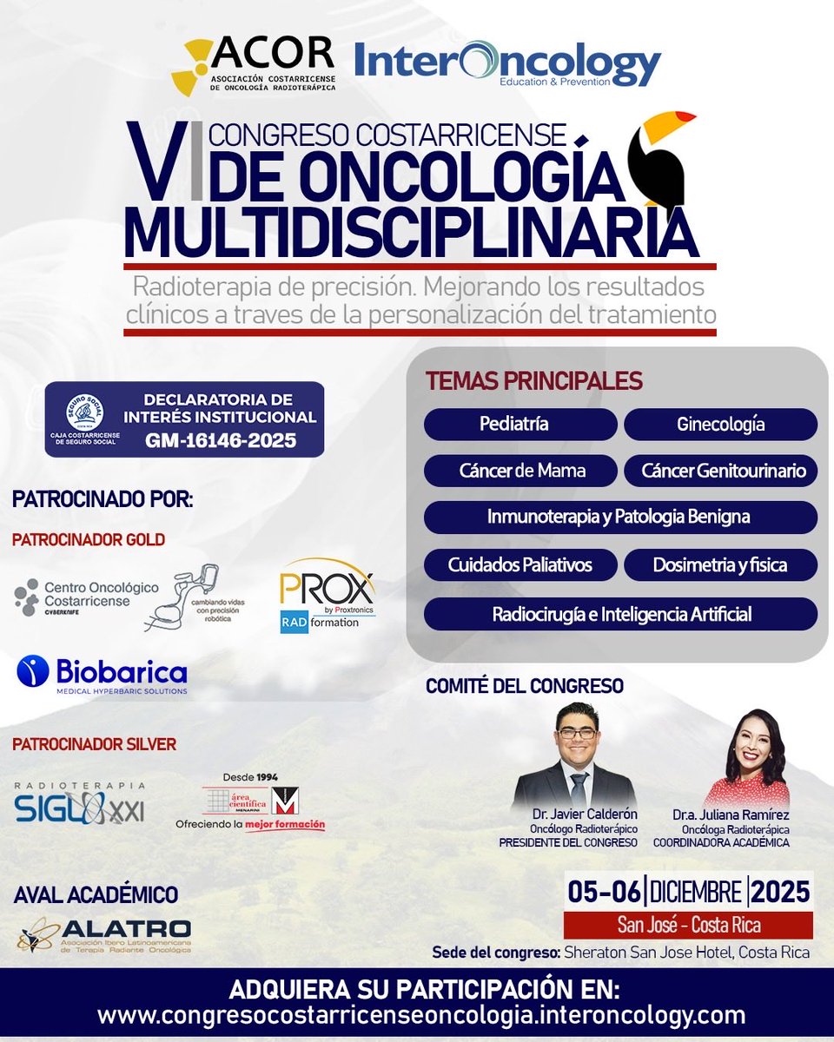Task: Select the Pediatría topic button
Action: pos(520,425)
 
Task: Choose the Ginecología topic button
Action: pos(720,425)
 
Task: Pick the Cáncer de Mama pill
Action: pos(520,471)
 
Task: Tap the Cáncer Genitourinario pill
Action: pos(720,471)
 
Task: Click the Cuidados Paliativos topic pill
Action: pos(520,564)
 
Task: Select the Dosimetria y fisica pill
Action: pos(720,564)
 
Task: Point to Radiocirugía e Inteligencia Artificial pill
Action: pos(620,614)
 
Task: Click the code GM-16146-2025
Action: pos(220,440)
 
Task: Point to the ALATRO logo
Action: pos(104,934)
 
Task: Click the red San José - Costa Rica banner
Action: pos(688,925)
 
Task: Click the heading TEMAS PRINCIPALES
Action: pos(533,380)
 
